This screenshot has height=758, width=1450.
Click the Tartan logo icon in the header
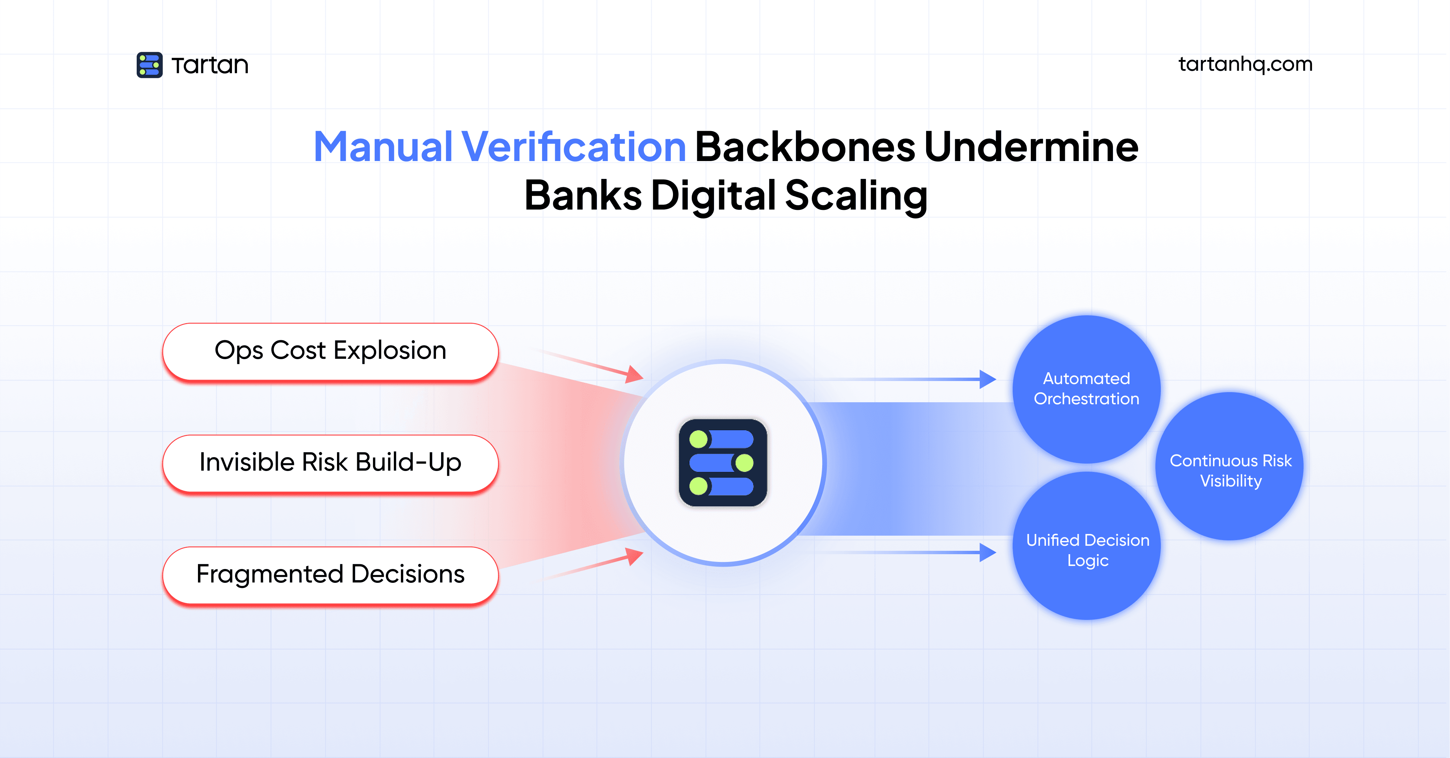(x=149, y=65)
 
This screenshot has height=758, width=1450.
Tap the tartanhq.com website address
(x=1245, y=64)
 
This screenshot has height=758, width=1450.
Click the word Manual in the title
(x=383, y=147)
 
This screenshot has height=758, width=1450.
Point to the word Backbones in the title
(x=805, y=147)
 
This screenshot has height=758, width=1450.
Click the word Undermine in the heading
(x=1031, y=147)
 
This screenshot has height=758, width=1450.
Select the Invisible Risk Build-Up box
(x=330, y=463)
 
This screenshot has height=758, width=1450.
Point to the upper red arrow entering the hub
(x=597, y=366)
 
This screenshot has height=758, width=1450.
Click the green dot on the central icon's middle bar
(x=744, y=463)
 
